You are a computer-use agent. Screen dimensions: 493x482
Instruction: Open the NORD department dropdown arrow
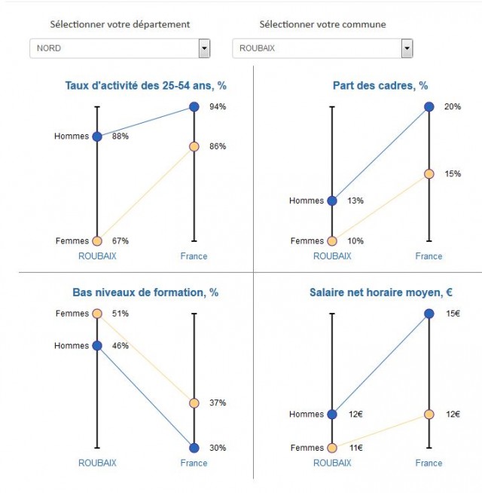(204, 49)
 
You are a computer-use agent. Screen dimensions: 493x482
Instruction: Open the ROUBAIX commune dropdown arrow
(407, 49)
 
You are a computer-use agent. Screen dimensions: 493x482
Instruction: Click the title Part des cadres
(380, 86)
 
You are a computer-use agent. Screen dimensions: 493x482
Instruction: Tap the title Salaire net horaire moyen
(380, 292)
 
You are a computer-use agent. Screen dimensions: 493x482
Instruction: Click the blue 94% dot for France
(194, 107)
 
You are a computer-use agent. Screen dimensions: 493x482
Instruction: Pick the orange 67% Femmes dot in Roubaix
(97, 241)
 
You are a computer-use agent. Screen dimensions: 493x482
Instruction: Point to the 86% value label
(218, 146)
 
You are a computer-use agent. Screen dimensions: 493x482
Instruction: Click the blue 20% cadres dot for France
(429, 107)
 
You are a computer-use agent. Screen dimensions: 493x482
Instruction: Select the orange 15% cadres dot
(429, 174)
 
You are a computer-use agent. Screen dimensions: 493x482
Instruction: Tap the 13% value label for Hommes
(355, 201)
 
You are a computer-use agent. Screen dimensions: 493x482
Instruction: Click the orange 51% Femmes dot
(97, 314)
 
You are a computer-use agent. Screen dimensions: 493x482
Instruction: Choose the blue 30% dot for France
(194, 448)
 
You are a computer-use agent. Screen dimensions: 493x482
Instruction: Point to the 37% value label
(218, 403)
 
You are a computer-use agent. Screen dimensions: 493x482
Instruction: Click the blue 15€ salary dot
(429, 314)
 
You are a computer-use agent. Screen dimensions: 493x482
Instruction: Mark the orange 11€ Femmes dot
(332, 448)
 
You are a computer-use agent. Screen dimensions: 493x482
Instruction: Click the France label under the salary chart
(429, 463)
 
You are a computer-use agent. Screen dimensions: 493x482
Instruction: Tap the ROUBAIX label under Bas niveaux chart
(97, 463)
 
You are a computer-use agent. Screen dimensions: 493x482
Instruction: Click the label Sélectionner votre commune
(322, 24)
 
